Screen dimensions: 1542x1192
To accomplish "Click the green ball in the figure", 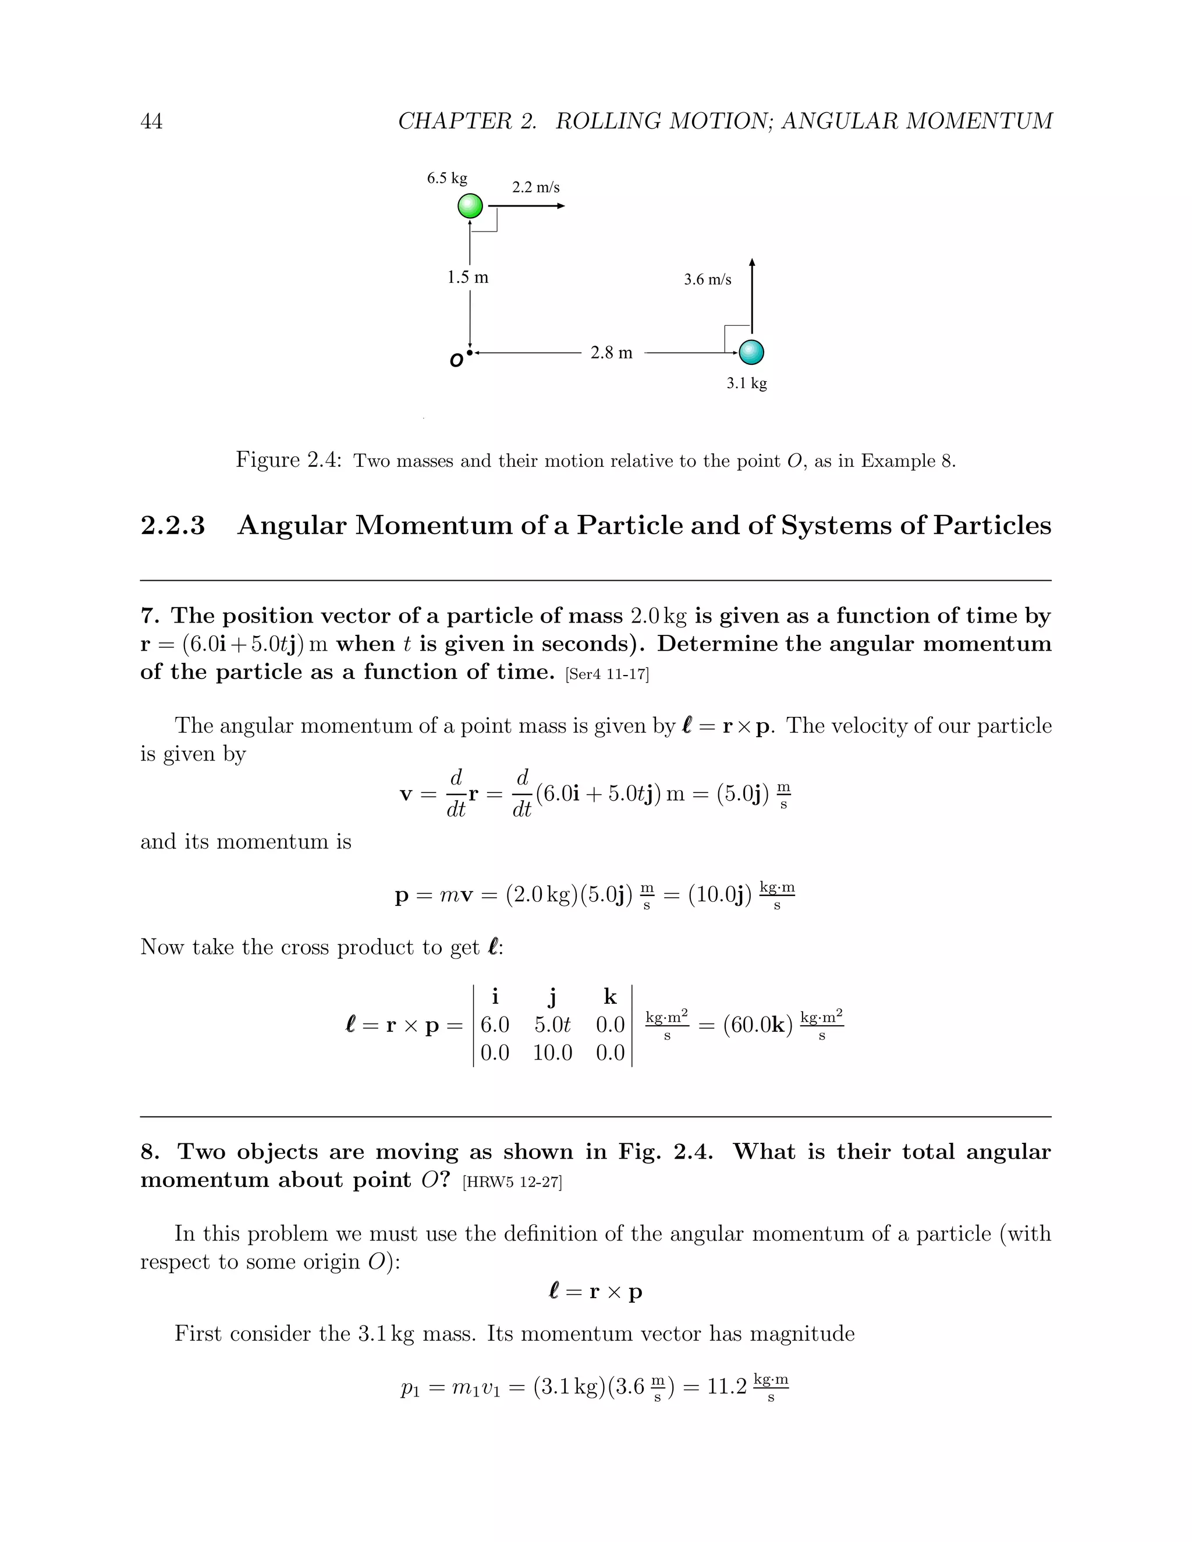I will point(470,206).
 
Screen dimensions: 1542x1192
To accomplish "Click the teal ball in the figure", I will point(751,351).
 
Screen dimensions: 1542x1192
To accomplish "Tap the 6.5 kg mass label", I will point(447,178).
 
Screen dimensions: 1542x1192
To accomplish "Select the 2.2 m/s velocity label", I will point(535,187).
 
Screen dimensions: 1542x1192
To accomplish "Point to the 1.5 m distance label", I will point(467,278).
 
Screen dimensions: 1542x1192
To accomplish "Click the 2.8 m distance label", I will point(612,352).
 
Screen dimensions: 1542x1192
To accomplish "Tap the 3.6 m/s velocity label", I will point(708,279).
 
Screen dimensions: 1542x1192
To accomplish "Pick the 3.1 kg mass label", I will point(746,383).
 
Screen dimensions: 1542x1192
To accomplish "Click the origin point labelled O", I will point(469,352).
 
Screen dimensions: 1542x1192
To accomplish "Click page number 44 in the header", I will point(151,122).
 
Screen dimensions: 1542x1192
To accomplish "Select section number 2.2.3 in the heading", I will point(173,526).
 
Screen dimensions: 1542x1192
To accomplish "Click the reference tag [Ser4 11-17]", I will point(606,674).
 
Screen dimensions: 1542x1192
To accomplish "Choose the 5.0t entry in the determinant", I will point(552,1025).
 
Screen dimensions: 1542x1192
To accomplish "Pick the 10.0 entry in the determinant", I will point(552,1053).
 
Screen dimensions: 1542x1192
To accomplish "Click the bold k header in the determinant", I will point(610,997).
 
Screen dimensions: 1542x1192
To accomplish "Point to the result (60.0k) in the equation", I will point(758,1025).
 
